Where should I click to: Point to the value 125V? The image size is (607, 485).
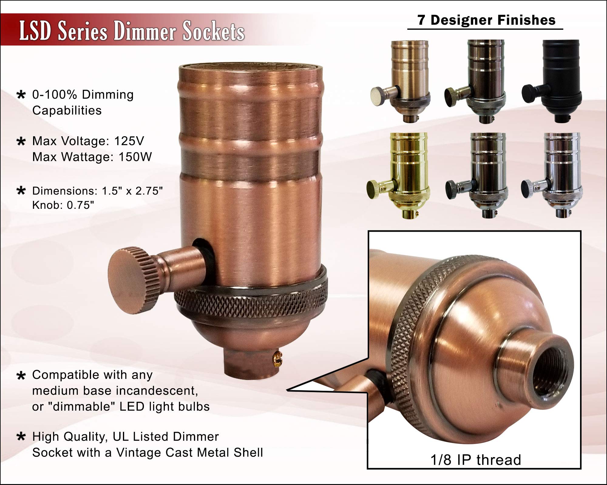coord(129,141)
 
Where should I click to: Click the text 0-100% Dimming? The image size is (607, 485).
coord(83,95)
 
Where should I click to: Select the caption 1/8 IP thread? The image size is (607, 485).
coord(476,460)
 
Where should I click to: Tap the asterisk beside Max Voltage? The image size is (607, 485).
coord(21,141)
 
